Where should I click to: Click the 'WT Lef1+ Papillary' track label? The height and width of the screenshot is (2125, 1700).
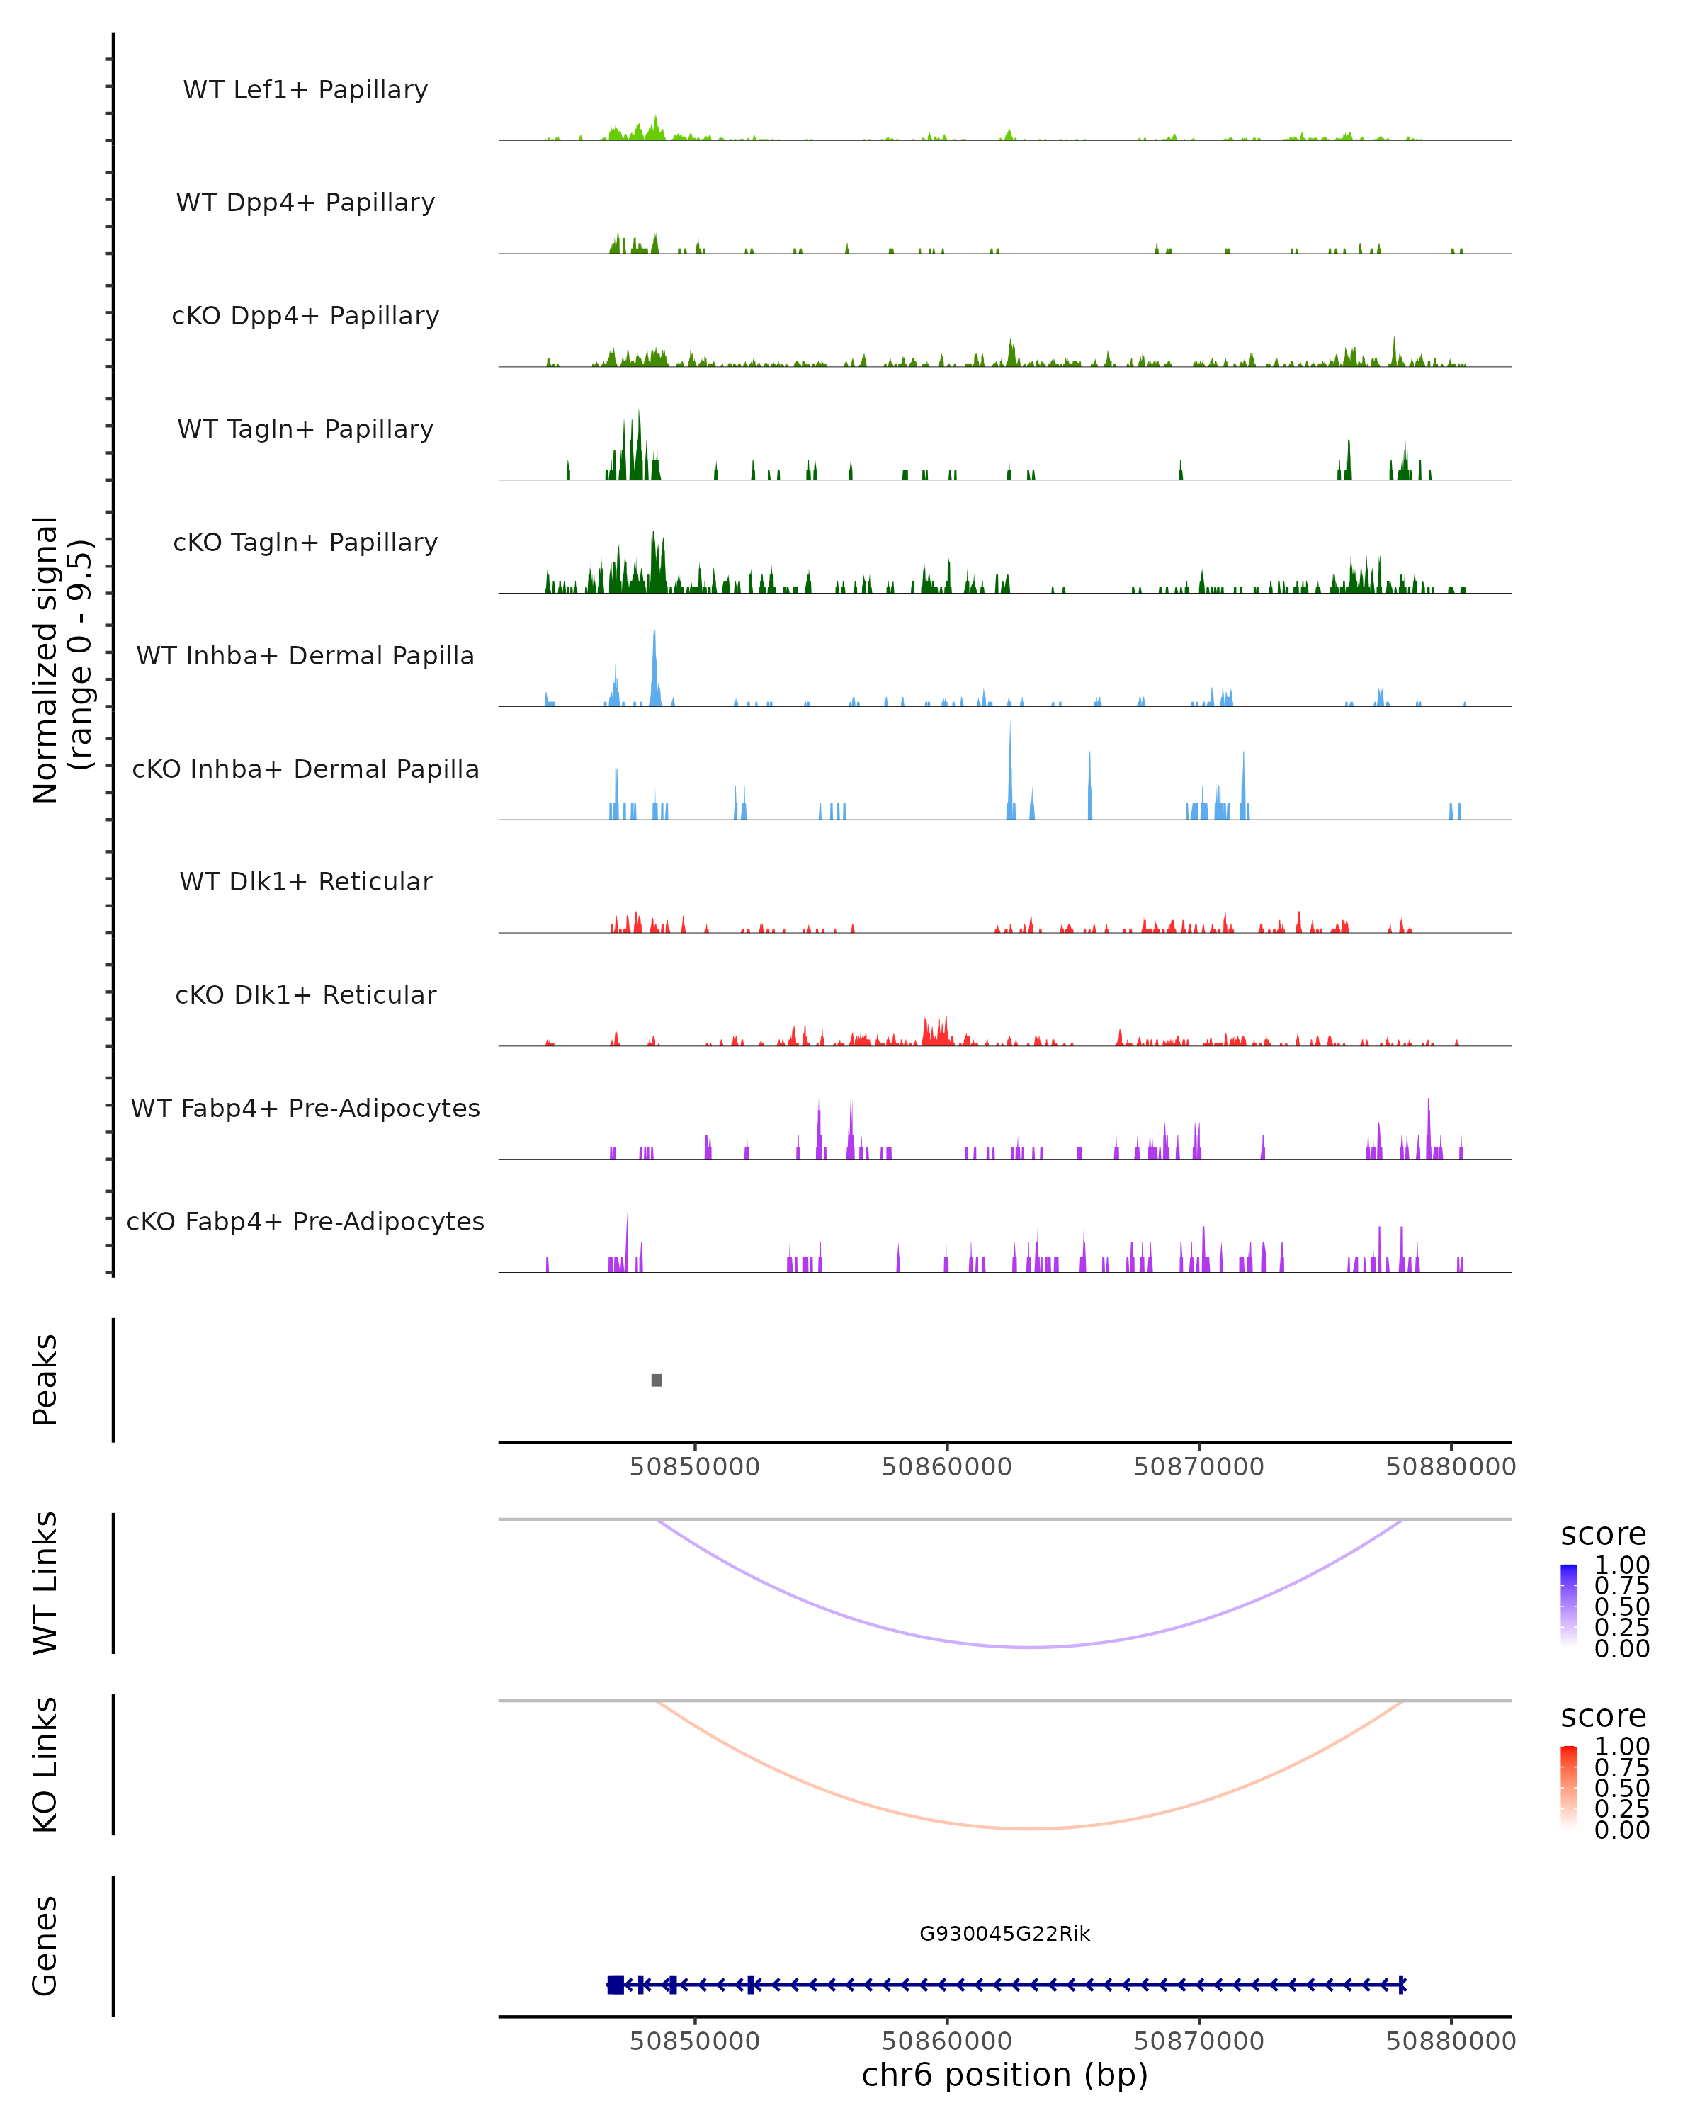pyautogui.click(x=305, y=90)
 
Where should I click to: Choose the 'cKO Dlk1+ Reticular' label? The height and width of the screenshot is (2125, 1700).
pyautogui.click(x=305, y=994)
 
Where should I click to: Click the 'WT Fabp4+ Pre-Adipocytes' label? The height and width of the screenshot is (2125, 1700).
pyautogui.click(x=305, y=1108)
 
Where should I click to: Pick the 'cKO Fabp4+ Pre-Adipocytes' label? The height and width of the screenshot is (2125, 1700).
pyautogui.click(x=305, y=1221)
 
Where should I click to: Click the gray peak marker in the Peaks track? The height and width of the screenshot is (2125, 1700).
pyautogui.click(x=657, y=1380)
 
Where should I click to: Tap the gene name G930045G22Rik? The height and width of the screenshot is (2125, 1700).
pyautogui.click(x=1004, y=1934)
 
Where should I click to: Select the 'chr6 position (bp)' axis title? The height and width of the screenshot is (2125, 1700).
pyautogui.click(x=1004, y=2075)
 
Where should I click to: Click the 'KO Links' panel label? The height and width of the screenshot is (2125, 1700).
pyautogui.click(x=45, y=1765)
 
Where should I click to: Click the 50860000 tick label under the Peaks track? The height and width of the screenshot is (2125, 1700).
pyautogui.click(x=947, y=1467)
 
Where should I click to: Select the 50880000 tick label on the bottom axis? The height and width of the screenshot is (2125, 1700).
pyautogui.click(x=1451, y=2041)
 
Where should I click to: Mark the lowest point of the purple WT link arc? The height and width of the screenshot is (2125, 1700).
pyautogui.click(x=1030, y=1647)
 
